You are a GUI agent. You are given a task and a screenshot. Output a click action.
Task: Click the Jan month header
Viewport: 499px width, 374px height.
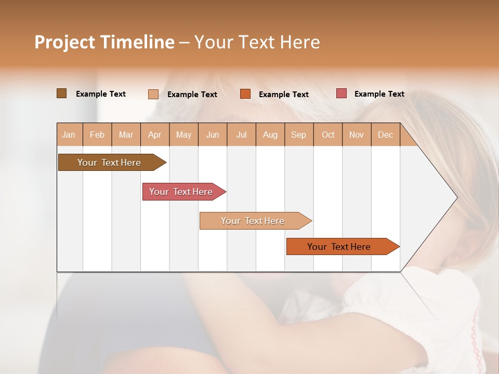coord(69,135)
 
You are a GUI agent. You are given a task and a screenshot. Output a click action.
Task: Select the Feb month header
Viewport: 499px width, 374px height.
coord(97,135)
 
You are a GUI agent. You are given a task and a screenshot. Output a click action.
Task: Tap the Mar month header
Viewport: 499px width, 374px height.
coord(126,135)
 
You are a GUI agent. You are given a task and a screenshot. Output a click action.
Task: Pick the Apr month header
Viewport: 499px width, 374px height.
coord(155,135)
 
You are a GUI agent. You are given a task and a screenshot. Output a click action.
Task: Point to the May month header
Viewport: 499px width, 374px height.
coord(183,135)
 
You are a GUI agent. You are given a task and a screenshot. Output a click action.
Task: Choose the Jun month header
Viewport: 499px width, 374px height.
coord(213,135)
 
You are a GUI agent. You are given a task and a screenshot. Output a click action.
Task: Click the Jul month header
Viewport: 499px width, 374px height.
coord(241,135)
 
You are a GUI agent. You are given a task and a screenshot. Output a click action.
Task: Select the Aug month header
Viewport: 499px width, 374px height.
coord(270,135)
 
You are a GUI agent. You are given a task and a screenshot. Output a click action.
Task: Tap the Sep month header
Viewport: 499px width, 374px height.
coord(299,135)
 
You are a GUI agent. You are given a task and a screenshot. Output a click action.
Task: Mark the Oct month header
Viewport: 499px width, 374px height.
coord(328,135)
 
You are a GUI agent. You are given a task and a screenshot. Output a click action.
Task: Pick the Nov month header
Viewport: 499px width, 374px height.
coord(357,135)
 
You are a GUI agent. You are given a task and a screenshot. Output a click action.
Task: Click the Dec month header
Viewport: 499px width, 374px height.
coord(385,135)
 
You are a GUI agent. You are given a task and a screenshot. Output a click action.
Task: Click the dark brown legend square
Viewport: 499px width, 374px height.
coord(61,94)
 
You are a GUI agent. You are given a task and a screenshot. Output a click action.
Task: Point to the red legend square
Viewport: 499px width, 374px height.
coord(342,94)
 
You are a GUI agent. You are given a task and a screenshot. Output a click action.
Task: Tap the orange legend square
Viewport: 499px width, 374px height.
coord(245,94)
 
